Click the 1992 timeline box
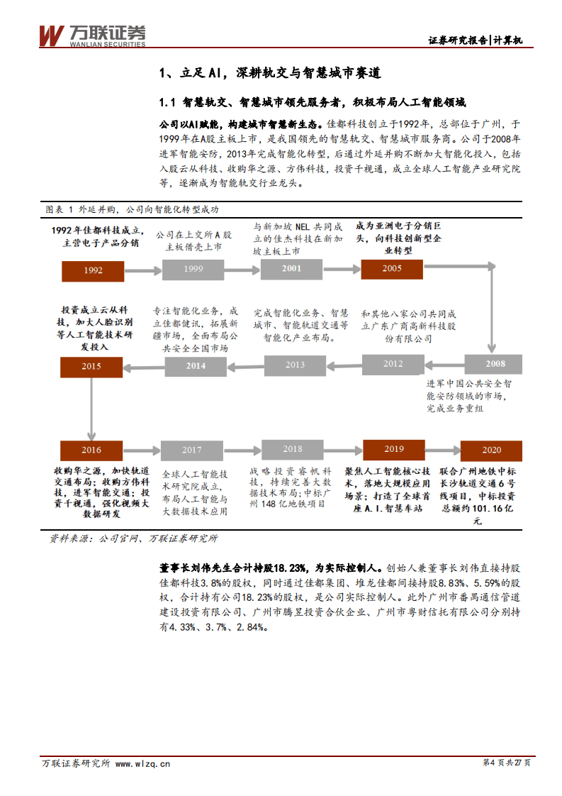pos(93,270)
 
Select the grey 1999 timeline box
pos(193,269)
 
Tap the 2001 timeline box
pos(291,268)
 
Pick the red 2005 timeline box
pos(392,268)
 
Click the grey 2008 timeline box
pos(495,364)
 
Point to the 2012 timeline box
pos(393,364)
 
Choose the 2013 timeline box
pos(295,365)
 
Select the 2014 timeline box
pos(196,365)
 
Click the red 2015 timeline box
pos(91,366)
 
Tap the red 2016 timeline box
pos(91,450)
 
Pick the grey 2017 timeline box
pos(191,450)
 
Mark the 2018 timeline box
pos(292,449)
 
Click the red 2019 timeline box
pos(393,449)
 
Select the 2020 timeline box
pos(491,450)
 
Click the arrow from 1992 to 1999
pos(142,270)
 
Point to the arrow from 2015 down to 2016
pos(91,407)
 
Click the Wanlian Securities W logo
pos(51,35)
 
